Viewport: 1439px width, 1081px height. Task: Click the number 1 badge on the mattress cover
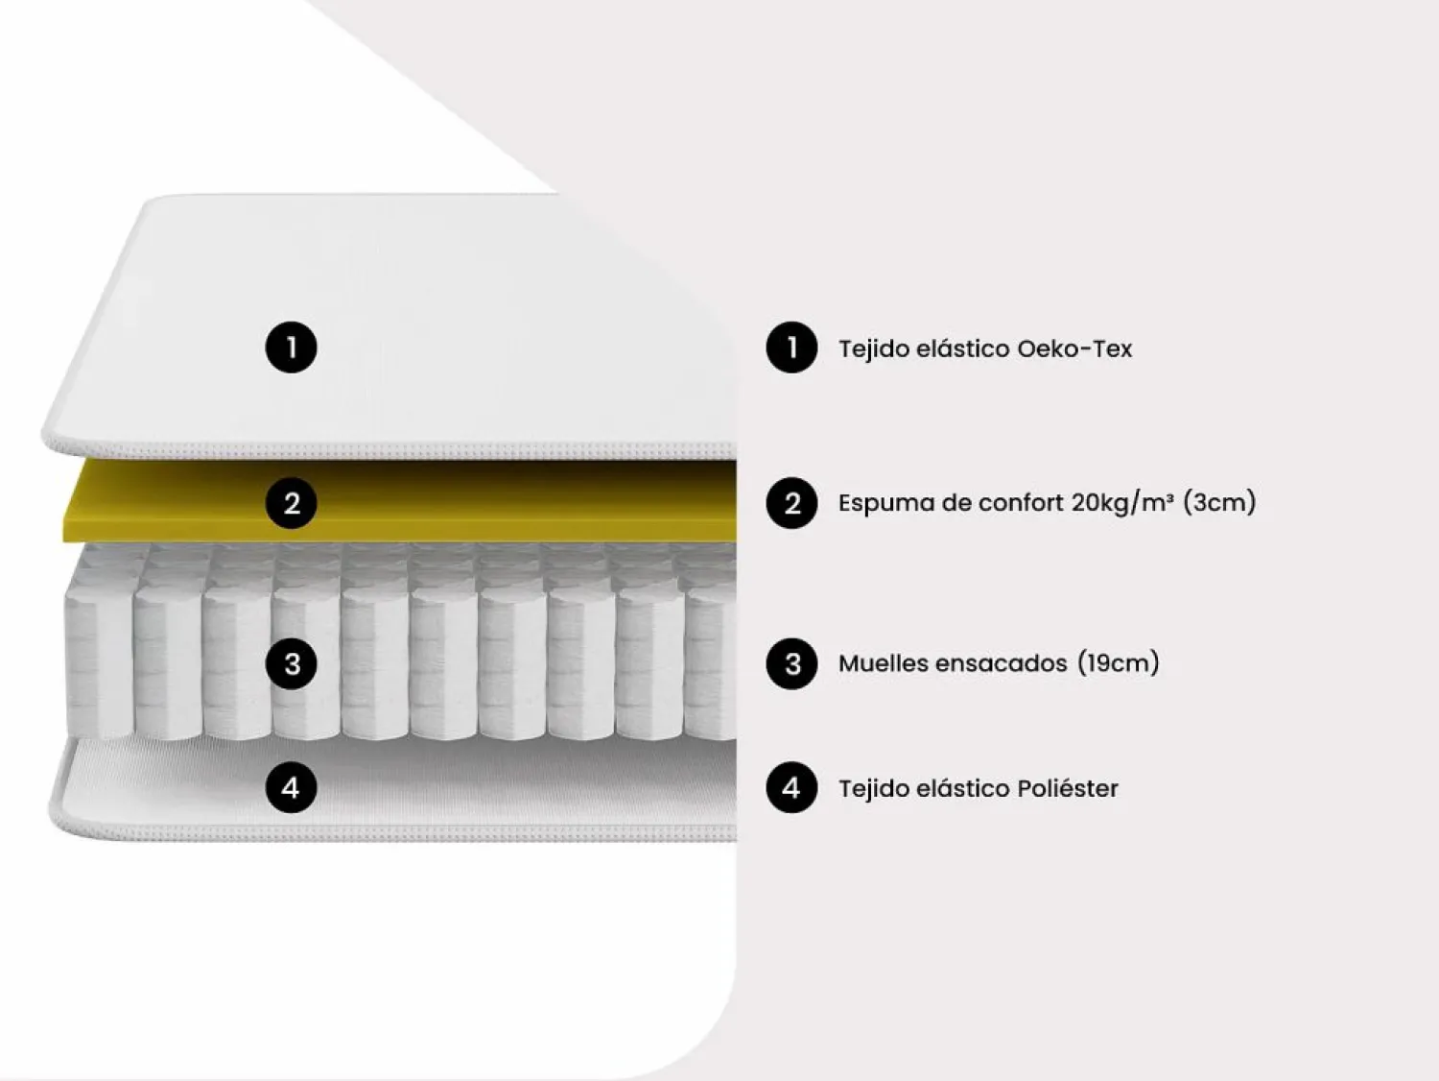pos(291,347)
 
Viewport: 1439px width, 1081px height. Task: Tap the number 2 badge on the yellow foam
pos(291,503)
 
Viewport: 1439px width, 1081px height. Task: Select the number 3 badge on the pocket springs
pos(291,663)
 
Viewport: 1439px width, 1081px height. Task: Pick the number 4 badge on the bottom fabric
pos(291,787)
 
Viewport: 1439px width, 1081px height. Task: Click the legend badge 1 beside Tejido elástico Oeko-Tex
pos(791,347)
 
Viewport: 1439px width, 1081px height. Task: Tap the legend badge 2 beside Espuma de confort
pos(791,503)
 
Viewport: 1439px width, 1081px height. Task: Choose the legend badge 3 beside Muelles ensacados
pos(791,663)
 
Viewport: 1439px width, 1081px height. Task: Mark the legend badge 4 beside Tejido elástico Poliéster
pos(791,787)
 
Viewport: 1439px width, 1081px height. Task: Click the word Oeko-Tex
pos(1074,348)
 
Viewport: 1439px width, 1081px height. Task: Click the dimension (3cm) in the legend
pos(1219,502)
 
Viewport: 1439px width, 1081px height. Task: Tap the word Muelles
pos(882,663)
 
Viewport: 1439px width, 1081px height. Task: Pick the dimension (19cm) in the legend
pos(1119,662)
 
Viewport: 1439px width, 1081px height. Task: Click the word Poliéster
pos(1068,788)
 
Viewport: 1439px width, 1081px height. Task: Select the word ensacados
pos(1002,663)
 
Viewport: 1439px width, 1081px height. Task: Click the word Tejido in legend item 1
pos(873,348)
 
